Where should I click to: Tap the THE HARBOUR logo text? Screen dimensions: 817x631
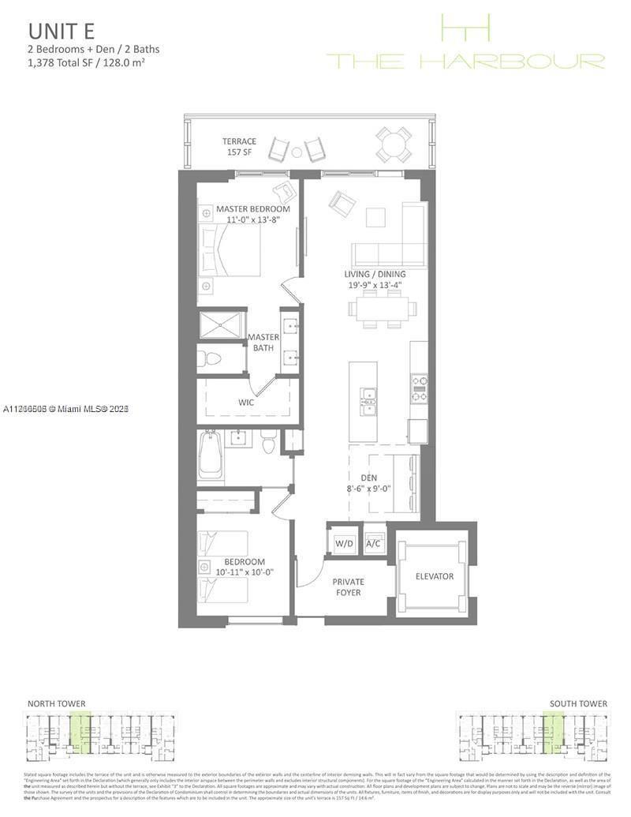(465, 61)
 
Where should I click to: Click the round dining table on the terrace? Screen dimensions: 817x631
(392, 144)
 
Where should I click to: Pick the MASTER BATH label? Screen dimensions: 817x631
(263, 342)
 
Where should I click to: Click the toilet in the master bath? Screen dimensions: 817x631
(211, 359)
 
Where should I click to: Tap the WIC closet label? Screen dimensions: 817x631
(245, 402)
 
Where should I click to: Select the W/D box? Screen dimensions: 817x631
(344, 543)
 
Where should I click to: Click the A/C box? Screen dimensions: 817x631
(374, 543)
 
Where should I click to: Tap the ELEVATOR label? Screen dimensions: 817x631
(435, 576)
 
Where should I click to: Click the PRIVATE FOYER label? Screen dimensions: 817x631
(348, 587)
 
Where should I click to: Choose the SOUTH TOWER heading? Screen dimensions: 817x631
(578, 703)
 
